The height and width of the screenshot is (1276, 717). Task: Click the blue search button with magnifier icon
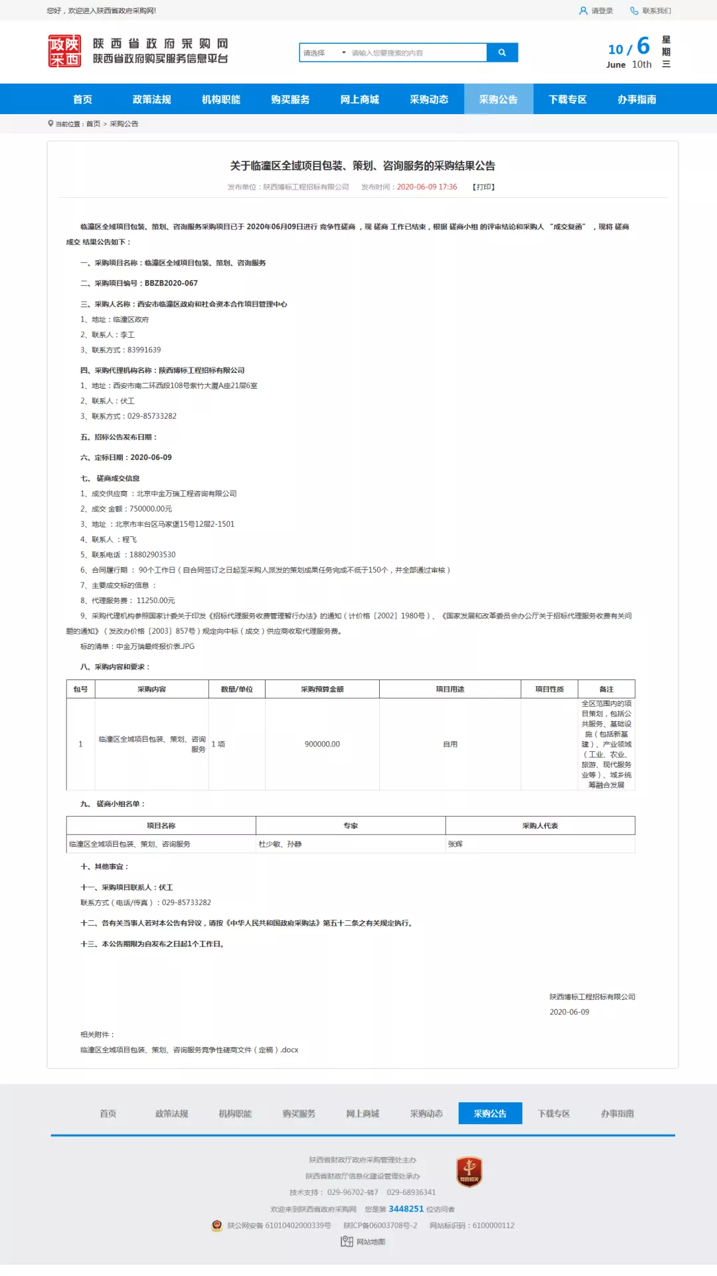502,52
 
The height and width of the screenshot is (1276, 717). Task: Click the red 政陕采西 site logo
64,51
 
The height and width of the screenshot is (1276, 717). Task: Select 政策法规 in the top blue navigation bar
151,100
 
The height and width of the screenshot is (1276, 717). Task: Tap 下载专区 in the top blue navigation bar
567,100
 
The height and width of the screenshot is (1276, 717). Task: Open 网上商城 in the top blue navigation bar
359,100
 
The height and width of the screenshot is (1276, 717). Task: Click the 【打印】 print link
484,187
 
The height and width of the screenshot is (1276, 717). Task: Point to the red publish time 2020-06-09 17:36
427,187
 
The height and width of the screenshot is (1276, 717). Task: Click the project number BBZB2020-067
171,283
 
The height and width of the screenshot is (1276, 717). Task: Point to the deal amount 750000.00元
151,509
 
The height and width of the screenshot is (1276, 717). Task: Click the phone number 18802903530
153,555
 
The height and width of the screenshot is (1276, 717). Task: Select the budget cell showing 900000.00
322,744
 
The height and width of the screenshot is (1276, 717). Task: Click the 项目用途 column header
449,689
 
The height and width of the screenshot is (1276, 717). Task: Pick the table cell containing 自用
450,744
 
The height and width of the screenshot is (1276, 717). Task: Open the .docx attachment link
189,1050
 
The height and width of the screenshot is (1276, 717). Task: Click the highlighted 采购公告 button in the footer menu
490,1113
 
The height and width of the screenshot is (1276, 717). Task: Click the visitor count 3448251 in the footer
406,1209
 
